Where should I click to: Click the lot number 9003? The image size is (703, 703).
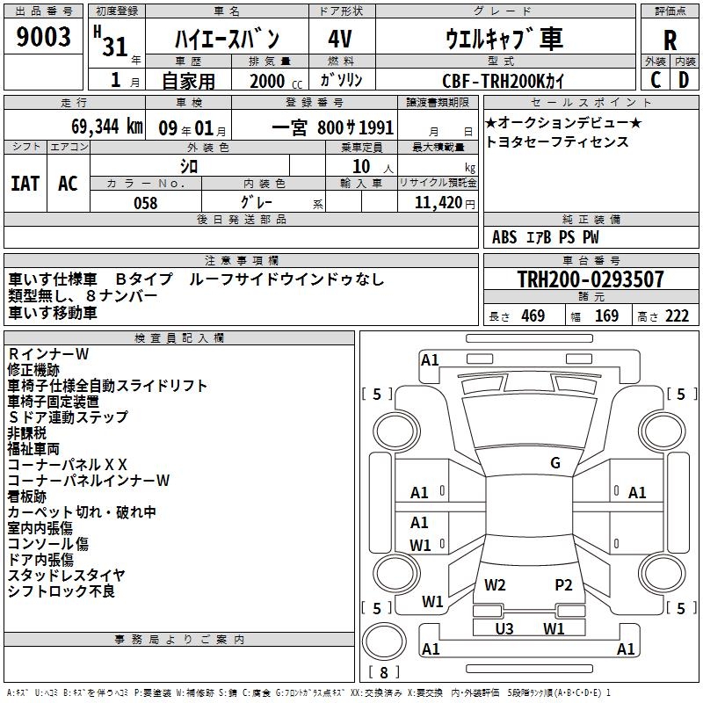pyautogui.click(x=44, y=37)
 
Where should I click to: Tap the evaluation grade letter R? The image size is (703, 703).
pyautogui.click(x=670, y=40)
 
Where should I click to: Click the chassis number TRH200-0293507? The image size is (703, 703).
pyautogui.click(x=590, y=279)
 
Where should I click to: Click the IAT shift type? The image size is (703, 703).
pyautogui.click(x=25, y=183)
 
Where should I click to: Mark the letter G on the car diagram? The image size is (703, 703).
pyautogui.click(x=555, y=463)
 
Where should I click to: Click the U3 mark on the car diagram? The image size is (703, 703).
pyautogui.click(x=504, y=628)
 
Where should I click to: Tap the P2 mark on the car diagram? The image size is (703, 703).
pyautogui.click(x=563, y=584)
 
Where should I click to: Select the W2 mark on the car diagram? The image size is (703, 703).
pyautogui.click(x=495, y=584)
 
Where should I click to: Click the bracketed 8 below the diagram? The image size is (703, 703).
pyautogui.click(x=384, y=673)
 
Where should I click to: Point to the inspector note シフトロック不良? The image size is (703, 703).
pyautogui.click(x=62, y=591)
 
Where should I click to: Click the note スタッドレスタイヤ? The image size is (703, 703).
pyautogui.click(x=67, y=576)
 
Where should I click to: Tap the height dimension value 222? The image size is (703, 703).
pyautogui.click(x=677, y=316)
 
